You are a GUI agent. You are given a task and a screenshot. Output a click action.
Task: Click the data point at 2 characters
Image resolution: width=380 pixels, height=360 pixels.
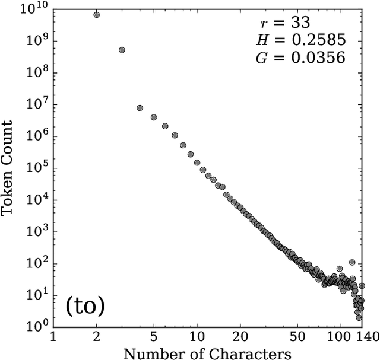coord(97,14)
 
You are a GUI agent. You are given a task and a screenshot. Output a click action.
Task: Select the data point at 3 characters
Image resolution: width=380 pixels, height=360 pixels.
coord(122,50)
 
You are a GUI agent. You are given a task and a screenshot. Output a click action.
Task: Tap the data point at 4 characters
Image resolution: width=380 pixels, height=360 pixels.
coord(140,108)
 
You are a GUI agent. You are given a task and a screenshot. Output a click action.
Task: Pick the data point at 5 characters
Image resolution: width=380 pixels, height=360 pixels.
coord(154,117)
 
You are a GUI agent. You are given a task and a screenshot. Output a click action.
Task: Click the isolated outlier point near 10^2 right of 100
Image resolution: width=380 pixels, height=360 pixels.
coord(352,262)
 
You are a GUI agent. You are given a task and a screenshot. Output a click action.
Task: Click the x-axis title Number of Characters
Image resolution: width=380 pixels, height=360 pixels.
coord(207,353)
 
